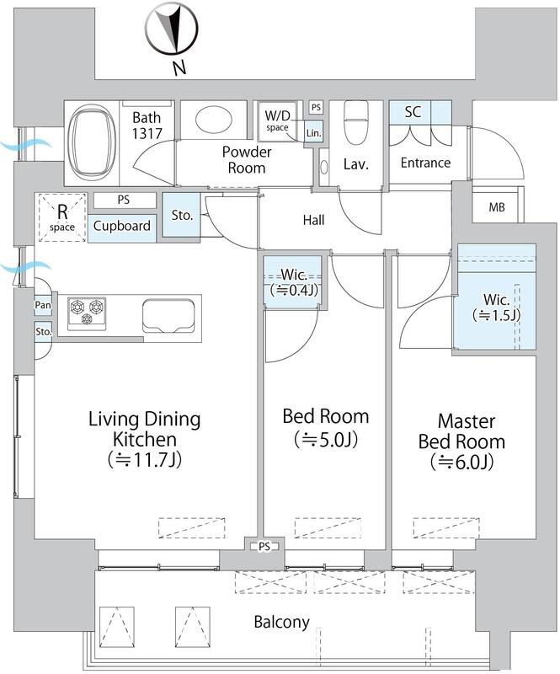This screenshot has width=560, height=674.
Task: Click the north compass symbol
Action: coord(171,30)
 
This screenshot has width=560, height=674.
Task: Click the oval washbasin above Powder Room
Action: coord(214,119)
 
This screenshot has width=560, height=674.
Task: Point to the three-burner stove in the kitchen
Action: coord(87,313)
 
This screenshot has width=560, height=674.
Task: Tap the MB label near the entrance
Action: coord(497,207)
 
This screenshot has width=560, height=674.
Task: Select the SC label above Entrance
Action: coord(413,112)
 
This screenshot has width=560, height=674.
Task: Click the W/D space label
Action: coord(277,120)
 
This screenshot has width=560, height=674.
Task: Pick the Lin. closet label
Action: coord(314,133)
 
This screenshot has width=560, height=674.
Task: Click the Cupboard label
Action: coord(121,226)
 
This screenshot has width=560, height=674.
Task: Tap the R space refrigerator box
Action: coord(61,217)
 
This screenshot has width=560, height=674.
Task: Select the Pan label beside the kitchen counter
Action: coord(43,305)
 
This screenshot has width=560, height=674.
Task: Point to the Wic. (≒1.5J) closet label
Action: coord(496,308)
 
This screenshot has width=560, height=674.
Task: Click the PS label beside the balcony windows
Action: coord(264,547)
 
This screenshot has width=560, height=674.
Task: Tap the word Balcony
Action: coord(281,622)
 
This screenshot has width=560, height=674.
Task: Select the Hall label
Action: coord(313,220)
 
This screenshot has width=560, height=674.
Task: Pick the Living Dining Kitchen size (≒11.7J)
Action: coord(144,459)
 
